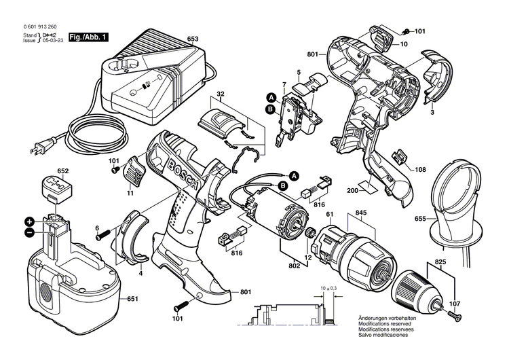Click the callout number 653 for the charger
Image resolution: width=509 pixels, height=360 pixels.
[193, 40]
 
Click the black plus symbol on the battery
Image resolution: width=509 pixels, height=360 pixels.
[30, 221]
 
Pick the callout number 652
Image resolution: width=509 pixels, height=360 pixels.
[63, 171]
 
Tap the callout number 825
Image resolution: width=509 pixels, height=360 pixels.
[440, 261]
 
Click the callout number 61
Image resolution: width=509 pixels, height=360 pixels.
[330, 214]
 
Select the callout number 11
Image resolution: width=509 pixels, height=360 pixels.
[130, 194]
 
